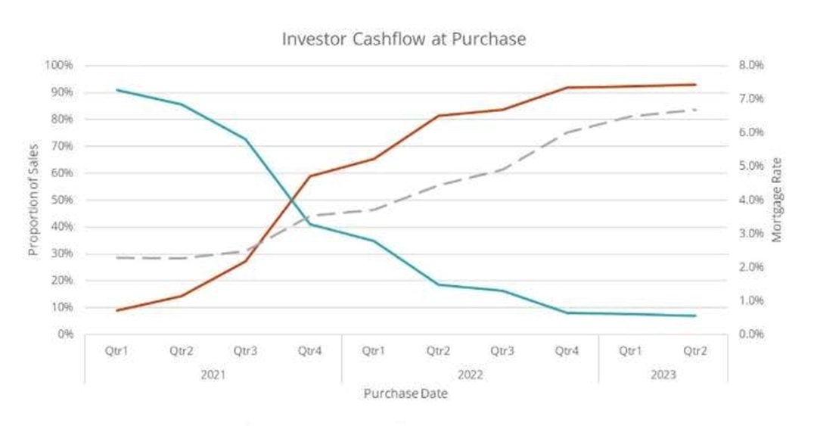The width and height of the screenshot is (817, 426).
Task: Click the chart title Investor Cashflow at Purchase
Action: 403,39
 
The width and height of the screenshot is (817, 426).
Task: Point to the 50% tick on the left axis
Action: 61,201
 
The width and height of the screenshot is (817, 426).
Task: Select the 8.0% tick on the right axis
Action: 750,66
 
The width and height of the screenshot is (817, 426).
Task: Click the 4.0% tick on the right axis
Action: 750,201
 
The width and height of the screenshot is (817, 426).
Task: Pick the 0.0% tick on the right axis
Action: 750,334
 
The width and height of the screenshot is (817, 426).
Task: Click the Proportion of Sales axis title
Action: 33,201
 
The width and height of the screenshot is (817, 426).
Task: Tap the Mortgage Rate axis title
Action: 777,201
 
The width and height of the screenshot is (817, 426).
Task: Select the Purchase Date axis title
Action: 405,394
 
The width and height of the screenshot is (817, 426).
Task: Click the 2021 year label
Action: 213,374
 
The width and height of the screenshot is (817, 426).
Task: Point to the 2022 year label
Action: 470,374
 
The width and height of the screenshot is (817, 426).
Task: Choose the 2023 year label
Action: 663,374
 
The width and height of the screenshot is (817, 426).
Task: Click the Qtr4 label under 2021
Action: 309,351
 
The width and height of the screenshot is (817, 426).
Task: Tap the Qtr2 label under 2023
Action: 695,351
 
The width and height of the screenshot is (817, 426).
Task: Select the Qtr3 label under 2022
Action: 502,351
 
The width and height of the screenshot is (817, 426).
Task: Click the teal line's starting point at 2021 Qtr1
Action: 117,90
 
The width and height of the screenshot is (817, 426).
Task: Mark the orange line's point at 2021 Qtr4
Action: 309,176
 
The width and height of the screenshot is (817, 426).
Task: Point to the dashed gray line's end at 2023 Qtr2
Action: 695,110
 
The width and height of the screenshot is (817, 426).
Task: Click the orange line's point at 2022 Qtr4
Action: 567,88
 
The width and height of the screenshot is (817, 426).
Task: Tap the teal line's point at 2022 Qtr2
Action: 438,285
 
